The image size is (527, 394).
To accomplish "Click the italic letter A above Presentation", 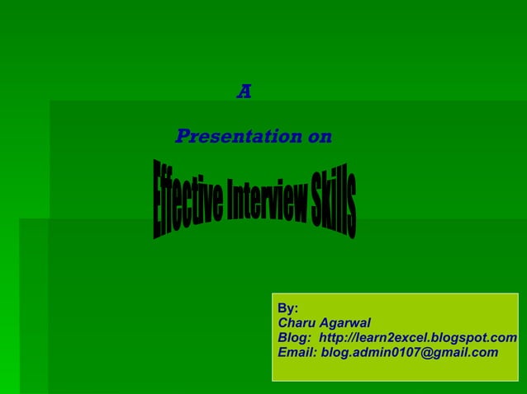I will (244, 92).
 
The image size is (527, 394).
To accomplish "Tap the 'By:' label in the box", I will (288, 308).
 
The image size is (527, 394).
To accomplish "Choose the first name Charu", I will (297, 323).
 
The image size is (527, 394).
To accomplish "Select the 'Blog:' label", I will (295, 338).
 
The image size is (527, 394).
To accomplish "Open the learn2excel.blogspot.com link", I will (418, 338).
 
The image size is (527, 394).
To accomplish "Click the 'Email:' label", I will (297, 353).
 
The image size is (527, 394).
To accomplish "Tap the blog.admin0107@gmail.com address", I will (410, 353).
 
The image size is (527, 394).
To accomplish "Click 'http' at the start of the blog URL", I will (332, 338).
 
